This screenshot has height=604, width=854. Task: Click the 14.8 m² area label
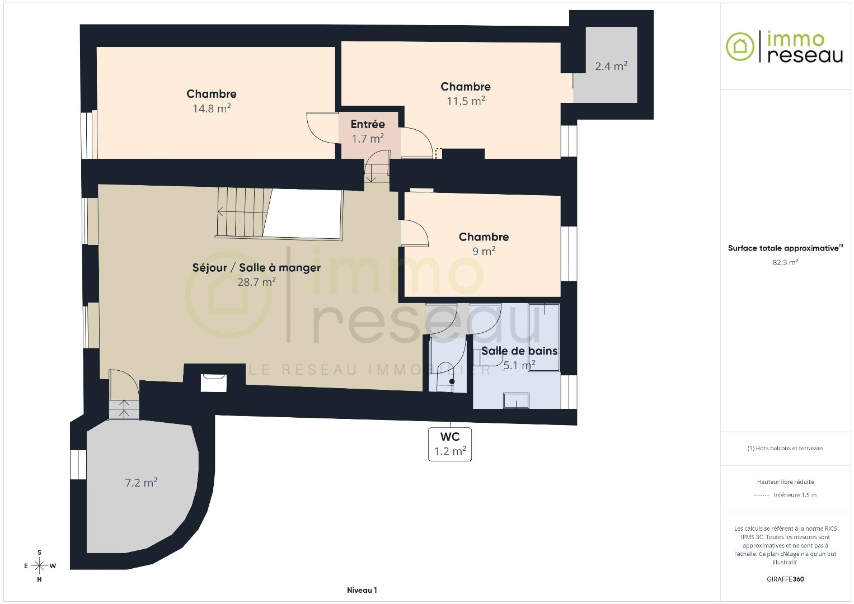point(212,108)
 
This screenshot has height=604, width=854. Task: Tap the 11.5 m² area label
point(466,101)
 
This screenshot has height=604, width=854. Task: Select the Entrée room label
point(368,124)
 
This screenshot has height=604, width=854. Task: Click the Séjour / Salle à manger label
point(256,267)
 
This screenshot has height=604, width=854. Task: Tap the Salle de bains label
point(519,351)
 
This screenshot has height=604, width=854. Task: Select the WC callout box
point(450,444)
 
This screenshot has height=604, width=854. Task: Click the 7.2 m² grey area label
point(141,483)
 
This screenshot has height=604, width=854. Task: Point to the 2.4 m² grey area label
point(611,66)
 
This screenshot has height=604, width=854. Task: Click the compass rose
point(40,566)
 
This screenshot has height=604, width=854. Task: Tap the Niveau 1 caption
point(362,590)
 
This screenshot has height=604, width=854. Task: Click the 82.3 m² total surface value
point(785,262)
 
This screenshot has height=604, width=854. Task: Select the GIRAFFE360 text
point(785,579)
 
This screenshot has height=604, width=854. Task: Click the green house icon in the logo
point(740,46)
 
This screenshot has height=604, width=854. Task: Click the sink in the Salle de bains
point(516,400)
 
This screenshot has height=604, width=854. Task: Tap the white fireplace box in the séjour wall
point(214,383)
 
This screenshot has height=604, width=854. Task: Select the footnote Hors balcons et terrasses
point(785,448)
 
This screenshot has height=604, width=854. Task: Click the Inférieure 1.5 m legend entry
point(795,495)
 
